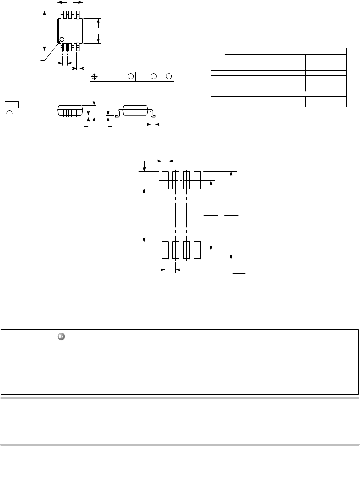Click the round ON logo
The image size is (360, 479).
[61, 337]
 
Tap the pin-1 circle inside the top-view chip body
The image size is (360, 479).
[62, 40]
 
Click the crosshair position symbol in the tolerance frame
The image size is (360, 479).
[94, 76]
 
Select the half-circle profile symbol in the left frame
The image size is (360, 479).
[9, 112]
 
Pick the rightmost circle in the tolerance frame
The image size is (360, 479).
[169, 76]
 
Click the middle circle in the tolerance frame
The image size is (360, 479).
[154, 76]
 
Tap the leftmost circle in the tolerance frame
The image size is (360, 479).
[130, 76]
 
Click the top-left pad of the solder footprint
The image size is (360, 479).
[165, 180]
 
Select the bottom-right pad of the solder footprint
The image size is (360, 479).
[197, 250]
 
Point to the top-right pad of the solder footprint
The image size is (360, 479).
[197, 180]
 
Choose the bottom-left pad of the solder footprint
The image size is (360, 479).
[165, 250]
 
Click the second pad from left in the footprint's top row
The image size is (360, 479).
[176, 180]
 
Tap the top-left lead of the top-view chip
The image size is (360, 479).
[62, 15]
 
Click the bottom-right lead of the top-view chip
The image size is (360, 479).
[78, 47]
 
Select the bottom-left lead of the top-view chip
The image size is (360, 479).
[62, 47]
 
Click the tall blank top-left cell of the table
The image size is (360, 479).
[218, 54]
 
